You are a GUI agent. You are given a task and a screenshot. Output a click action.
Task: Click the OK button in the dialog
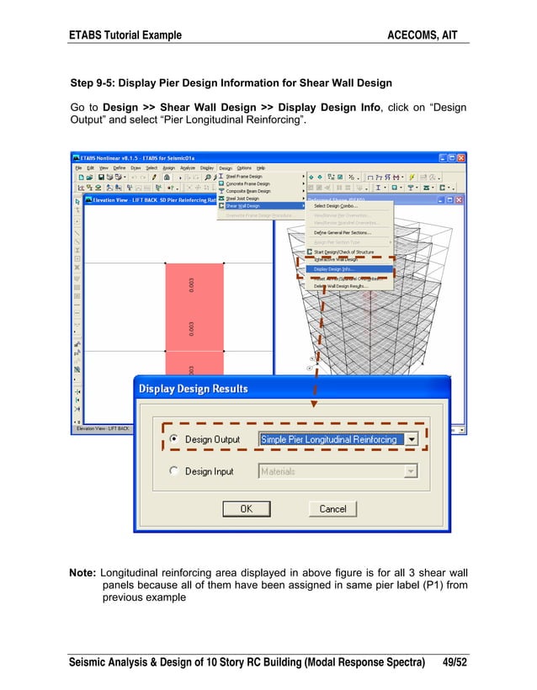(x=246, y=508)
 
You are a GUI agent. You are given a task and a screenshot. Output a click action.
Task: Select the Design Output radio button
(x=173, y=439)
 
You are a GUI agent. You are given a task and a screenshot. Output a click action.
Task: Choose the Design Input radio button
(x=173, y=471)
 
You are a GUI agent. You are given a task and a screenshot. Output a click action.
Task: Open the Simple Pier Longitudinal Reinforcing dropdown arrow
(x=412, y=439)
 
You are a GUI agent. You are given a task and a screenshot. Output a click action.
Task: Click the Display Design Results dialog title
(x=194, y=389)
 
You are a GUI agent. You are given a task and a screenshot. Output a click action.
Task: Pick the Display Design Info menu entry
(x=334, y=269)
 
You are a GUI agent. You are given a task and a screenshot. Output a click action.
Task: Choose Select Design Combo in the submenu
(x=336, y=206)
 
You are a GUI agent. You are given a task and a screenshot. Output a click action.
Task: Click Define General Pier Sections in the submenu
(x=342, y=232)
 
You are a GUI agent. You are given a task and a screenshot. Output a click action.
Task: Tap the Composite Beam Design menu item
(x=249, y=191)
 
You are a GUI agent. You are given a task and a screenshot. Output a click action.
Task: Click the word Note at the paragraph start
(x=82, y=573)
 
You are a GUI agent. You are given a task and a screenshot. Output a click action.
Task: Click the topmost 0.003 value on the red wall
(x=193, y=285)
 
